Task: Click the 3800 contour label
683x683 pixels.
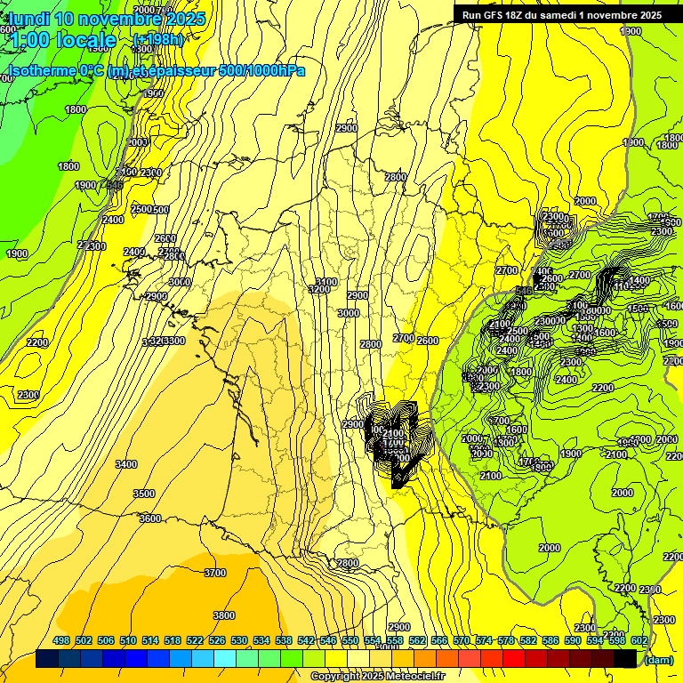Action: pyautogui.click(x=224, y=615)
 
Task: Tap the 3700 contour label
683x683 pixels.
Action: pyautogui.click(x=215, y=574)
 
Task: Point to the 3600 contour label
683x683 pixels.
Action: pyautogui.click(x=150, y=518)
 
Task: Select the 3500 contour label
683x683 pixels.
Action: pyautogui.click(x=143, y=494)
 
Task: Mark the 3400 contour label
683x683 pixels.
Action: pyautogui.click(x=126, y=464)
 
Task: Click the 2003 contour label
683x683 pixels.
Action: pyautogui.click(x=138, y=142)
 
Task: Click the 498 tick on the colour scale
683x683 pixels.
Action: pyautogui.click(x=61, y=640)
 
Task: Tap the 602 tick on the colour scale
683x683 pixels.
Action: pyautogui.click(x=639, y=640)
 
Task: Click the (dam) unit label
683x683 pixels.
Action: pyautogui.click(x=658, y=659)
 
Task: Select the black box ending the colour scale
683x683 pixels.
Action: pyautogui.click(x=625, y=659)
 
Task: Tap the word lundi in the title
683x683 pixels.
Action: pyautogui.click(x=29, y=18)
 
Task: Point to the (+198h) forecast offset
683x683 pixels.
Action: pyautogui.click(x=157, y=40)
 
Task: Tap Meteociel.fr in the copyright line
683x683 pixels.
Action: pyautogui.click(x=409, y=677)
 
